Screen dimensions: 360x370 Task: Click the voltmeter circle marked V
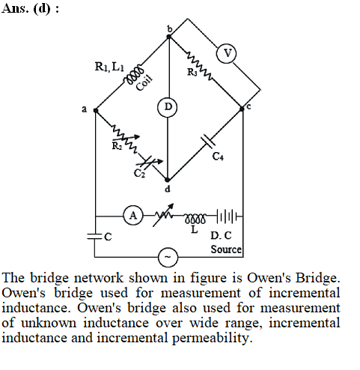coord(226,53)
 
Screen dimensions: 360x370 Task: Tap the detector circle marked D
coord(168,107)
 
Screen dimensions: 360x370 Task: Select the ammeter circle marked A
coord(133,215)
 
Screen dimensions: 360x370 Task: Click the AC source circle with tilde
coord(168,257)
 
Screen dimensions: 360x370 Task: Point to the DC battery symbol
coord(227,216)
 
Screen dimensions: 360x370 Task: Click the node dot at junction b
coord(169,37)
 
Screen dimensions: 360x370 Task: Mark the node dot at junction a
coord(96,110)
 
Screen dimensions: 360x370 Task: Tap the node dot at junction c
coord(242,109)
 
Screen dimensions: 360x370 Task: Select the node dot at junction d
coord(168,180)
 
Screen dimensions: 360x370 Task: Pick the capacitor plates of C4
coord(208,141)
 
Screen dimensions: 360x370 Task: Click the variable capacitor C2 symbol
coord(148,162)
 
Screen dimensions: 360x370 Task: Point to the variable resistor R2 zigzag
coord(125,139)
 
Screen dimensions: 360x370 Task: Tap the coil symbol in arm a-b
coord(134,74)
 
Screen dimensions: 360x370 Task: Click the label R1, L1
coord(109,67)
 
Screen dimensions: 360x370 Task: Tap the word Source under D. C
coord(226,249)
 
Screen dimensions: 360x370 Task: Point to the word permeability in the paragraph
coord(212,339)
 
